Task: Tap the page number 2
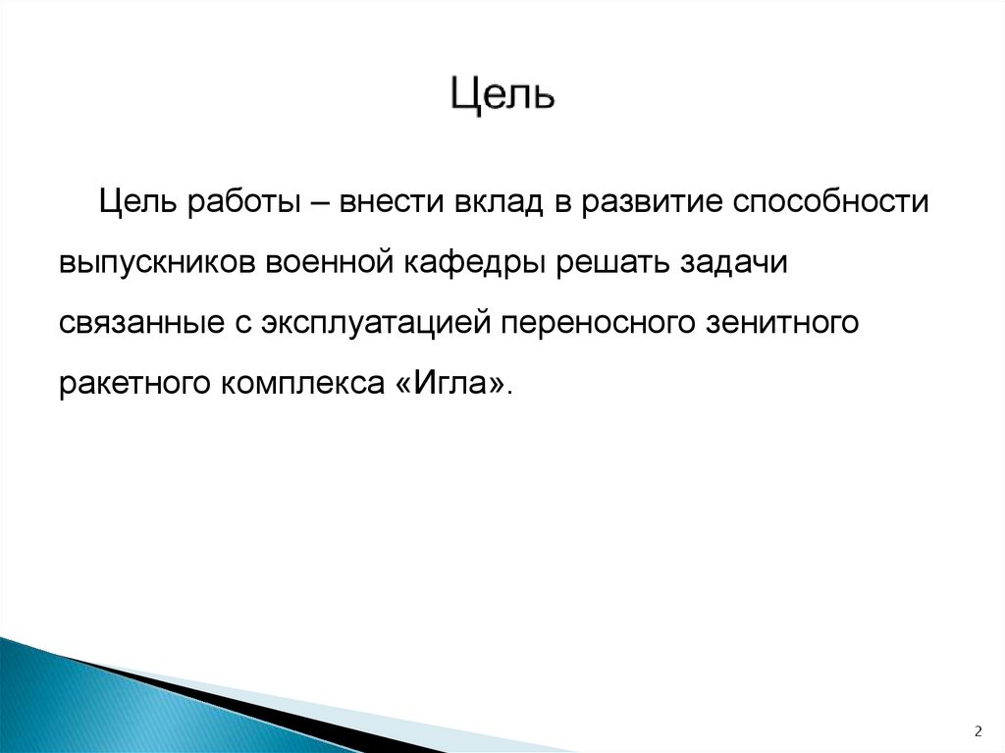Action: click(978, 730)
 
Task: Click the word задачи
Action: click(732, 263)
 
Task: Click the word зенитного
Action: click(782, 323)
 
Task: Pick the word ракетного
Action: click(130, 383)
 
